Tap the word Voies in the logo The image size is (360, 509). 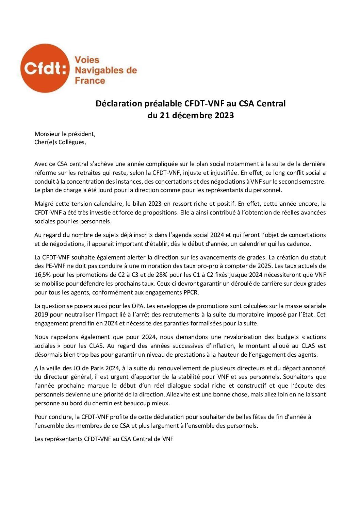[87, 60]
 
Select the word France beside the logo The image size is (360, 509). [90, 81]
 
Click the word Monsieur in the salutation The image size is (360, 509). [47, 134]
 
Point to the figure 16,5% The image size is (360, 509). [43, 275]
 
